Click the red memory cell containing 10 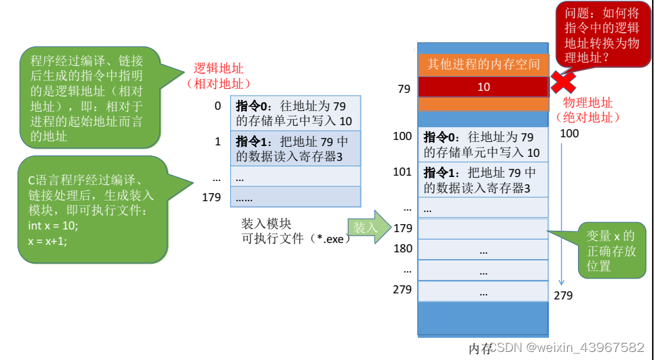pos(484,87)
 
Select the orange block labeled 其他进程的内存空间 pos(484,65)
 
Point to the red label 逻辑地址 pos(218,69)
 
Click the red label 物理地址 pos(587,103)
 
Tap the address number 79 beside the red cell pos(404,88)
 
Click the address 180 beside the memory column pos(402,249)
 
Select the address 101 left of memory pos(402,172)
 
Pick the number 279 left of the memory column pos(402,289)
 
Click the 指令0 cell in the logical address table pos(295,113)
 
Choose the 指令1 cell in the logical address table pos(295,149)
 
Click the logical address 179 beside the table pos(211,197)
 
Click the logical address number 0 pos(217,106)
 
